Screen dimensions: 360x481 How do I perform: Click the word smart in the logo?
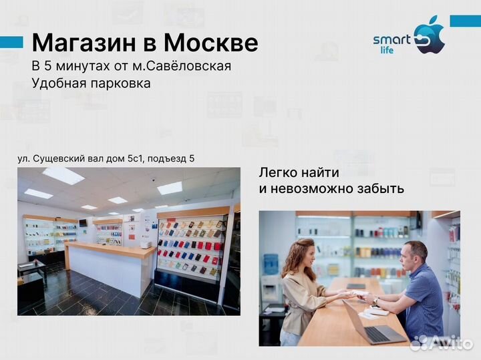click(x=391, y=40)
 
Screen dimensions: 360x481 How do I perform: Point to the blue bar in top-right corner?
click(x=465, y=21)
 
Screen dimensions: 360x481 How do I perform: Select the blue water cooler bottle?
click(x=271, y=264)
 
